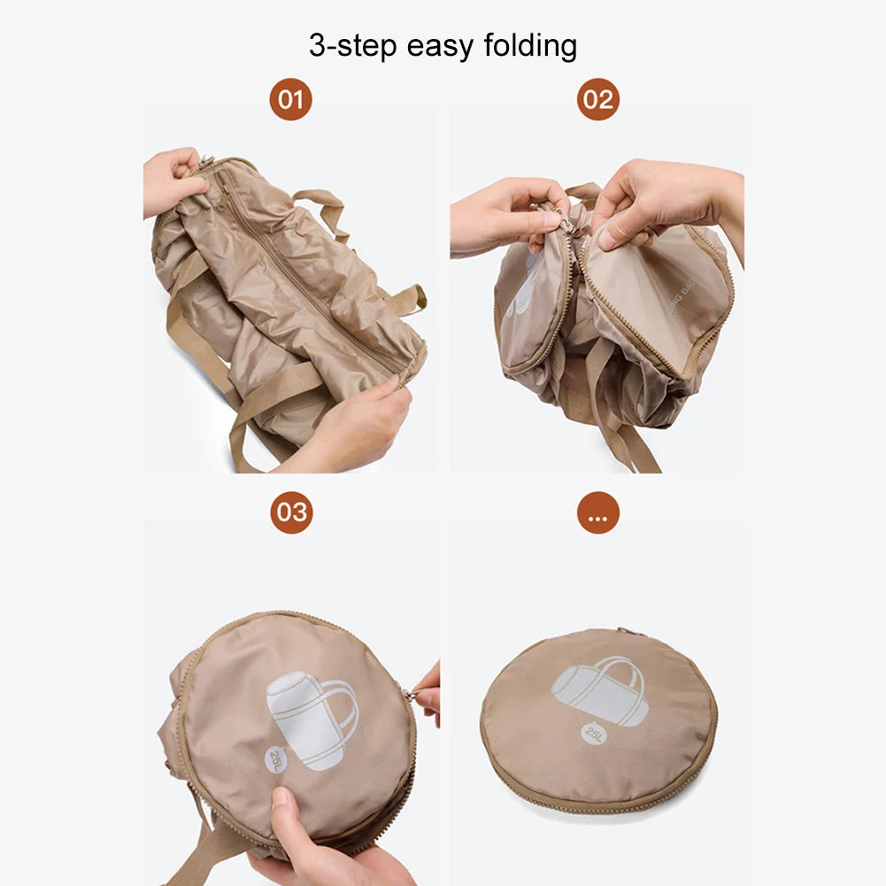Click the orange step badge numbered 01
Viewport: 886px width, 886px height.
point(290,99)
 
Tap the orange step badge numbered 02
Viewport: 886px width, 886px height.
point(598,99)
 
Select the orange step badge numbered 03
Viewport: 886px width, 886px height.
point(291,512)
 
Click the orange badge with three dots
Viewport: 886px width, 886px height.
point(598,512)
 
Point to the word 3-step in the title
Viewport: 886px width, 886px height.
point(353,45)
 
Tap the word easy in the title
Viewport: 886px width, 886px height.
point(441,45)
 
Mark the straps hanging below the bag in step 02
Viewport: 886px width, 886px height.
point(620,425)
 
